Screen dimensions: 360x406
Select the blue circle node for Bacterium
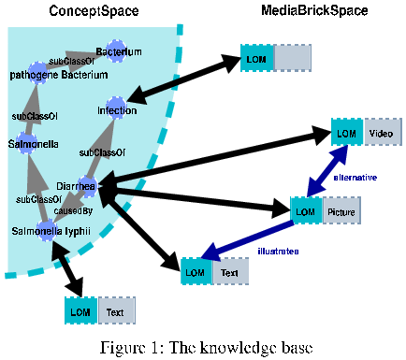coord(116,49)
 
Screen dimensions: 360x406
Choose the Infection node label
coord(116,111)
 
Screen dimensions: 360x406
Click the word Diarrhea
coord(75,186)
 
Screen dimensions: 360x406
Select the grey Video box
coord(380,134)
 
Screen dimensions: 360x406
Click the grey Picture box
coord(341,212)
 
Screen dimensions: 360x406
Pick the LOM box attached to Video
coord(346,134)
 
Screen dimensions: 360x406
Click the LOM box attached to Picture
coord(305,212)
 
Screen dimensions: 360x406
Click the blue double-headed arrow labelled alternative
coord(326,173)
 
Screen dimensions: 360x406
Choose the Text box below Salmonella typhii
coord(115,310)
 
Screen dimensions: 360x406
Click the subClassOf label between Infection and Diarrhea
coord(96,151)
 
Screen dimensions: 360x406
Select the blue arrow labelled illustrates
coord(248,240)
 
